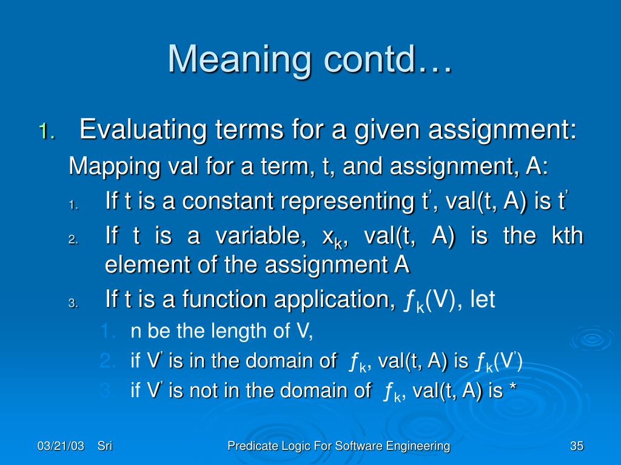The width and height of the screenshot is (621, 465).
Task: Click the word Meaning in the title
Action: point(239,59)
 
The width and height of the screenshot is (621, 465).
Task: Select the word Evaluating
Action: point(143,130)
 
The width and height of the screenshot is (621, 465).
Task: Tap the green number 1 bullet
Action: point(46,131)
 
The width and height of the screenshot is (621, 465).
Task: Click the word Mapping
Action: point(115,167)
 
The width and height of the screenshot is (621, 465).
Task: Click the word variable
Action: point(260,236)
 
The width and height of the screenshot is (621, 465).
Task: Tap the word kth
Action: point(567,236)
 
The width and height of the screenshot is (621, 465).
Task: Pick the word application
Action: point(332,300)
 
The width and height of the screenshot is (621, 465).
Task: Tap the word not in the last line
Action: point(203,391)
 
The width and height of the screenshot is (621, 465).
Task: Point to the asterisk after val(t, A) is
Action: point(513,387)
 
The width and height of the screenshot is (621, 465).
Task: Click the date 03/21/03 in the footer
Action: point(61,446)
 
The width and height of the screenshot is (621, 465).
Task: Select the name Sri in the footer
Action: point(105,446)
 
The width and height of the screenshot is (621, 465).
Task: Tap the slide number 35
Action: point(577,446)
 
